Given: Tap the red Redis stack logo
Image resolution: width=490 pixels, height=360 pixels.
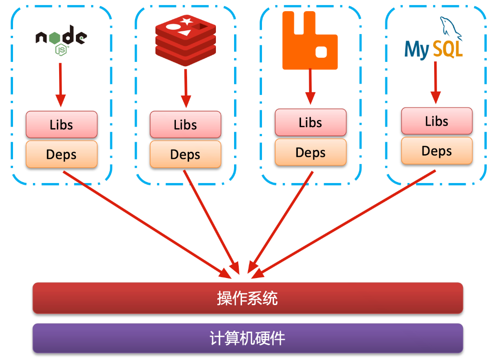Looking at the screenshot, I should point(186,40).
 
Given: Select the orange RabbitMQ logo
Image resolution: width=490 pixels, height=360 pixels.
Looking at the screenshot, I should point(310,41).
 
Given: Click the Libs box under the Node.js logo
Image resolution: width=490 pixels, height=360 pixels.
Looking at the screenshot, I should point(61,124).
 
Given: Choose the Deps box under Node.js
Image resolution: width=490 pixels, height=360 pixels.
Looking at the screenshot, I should point(61,154).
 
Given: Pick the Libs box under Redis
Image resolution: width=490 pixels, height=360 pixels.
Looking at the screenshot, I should point(185,124).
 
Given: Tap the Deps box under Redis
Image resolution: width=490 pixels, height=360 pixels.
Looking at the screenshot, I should point(185,154).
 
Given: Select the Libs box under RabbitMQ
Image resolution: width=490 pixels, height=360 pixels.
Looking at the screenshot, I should point(310,122).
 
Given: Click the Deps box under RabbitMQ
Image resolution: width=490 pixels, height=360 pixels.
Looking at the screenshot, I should point(310,152).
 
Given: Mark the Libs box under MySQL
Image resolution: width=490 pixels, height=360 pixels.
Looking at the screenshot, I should point(436,121).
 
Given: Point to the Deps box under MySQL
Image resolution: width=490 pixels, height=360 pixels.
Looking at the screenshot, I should point(436,151).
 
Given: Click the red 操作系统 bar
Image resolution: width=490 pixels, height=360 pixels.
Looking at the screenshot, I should point(248,298).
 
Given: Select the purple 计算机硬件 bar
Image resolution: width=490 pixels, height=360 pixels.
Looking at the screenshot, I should point(248,338).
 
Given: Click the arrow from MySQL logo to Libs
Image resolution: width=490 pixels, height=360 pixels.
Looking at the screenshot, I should point(436,82).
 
